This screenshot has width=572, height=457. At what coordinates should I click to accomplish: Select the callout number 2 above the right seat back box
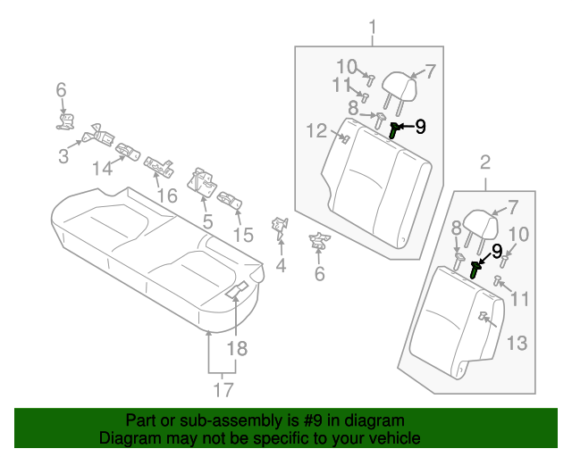[x=485, y=162]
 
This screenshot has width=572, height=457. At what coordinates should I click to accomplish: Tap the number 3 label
[x=63, y=158]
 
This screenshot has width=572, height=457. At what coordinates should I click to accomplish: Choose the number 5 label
[x=206, y=220]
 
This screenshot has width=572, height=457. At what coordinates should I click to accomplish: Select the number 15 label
[x=243, y=235]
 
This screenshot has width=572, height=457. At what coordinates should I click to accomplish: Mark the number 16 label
[x=167, y=195]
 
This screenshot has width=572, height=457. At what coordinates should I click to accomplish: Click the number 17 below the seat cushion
[x=223, y=389]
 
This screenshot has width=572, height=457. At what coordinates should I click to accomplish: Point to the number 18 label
[x=236, y=348]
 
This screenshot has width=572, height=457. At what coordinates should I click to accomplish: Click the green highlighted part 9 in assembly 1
[x=395, y=131]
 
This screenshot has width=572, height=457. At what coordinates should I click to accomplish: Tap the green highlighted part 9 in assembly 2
[x=476, y=266]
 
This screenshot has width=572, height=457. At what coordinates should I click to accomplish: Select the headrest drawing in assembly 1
[x=398, y=88]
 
